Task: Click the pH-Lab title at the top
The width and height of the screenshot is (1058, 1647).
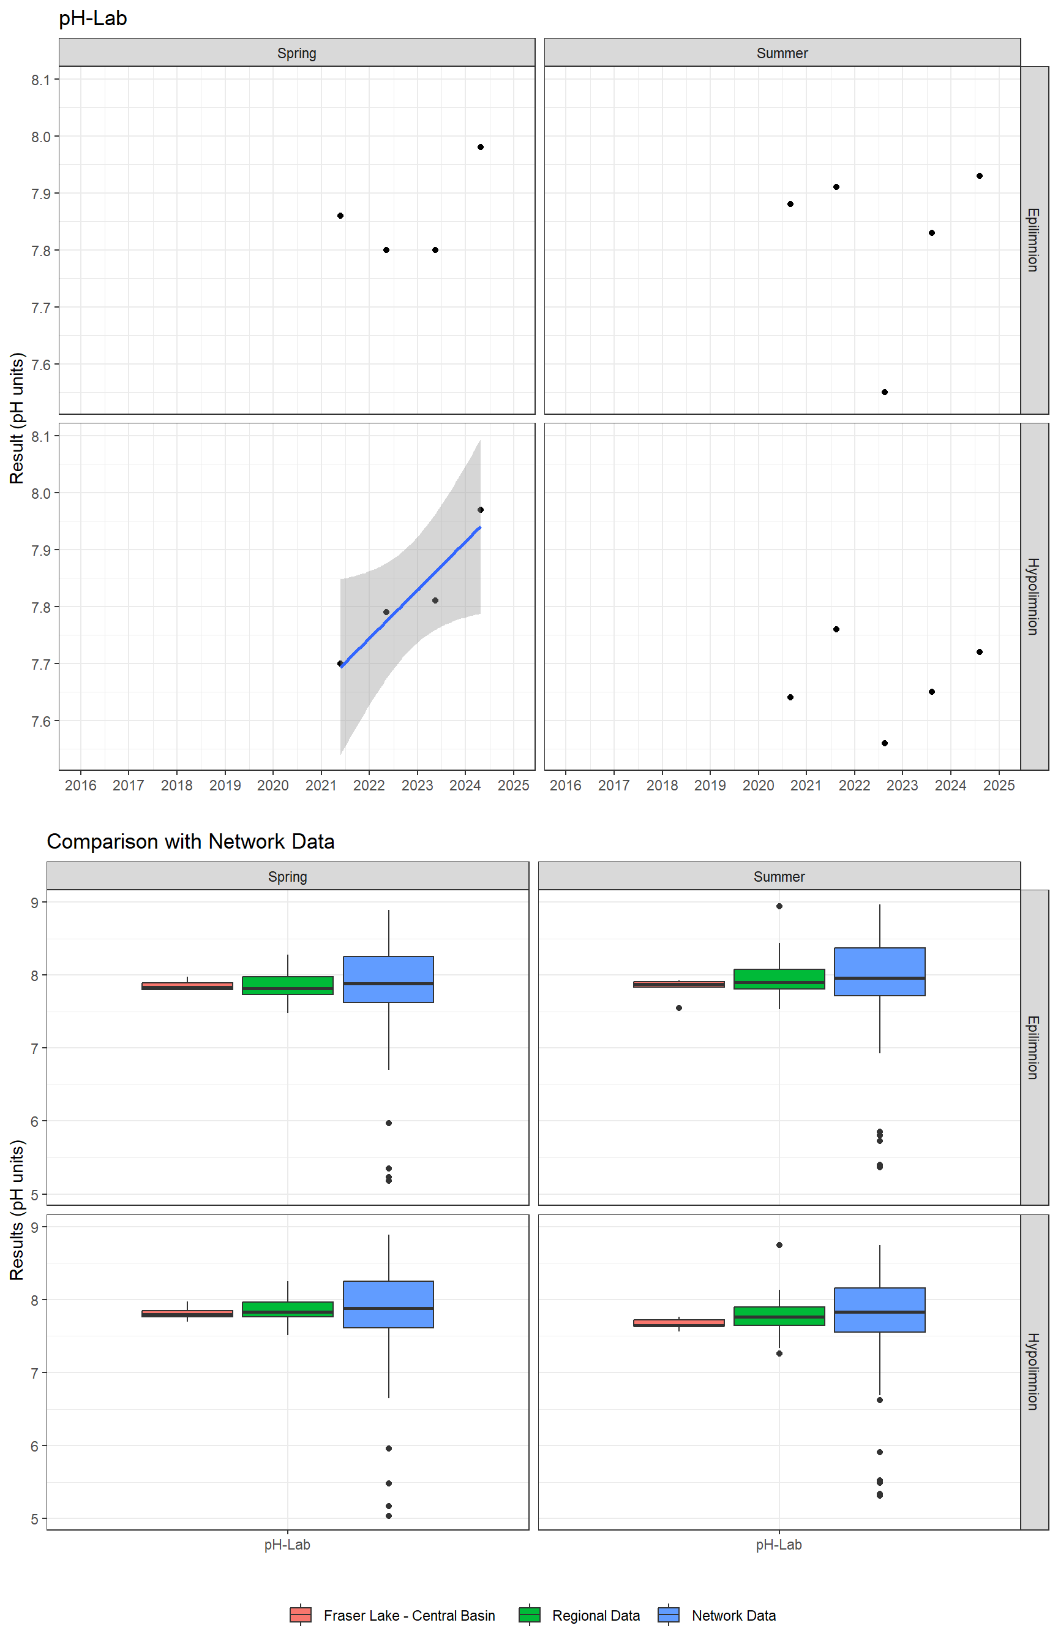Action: coord(92,18)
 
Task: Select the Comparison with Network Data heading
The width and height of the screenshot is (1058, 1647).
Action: coord(190,841)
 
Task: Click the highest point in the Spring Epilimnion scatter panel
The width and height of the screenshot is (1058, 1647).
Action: coord(480,147)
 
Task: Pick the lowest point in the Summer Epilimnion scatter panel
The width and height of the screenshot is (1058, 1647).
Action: coord(884,392)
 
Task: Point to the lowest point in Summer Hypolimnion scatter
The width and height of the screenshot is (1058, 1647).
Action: coord(884,743)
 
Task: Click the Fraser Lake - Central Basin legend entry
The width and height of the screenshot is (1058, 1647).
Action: coord(393,1615)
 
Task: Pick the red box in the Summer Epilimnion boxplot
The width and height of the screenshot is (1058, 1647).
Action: coord(679,985)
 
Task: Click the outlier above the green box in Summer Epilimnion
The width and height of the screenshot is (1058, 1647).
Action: coord(779,906)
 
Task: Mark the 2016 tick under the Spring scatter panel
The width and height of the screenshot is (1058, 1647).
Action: coord(80,785)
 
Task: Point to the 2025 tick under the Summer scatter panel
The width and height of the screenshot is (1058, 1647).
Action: coord(999,785)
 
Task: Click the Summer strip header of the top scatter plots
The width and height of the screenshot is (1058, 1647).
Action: coord(782,53)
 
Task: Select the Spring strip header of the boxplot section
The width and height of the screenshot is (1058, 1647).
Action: coord(287,876)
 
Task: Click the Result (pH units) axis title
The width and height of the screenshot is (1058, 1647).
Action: coord(17,418)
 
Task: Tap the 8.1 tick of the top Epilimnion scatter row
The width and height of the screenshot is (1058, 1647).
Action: coord(40,80)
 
